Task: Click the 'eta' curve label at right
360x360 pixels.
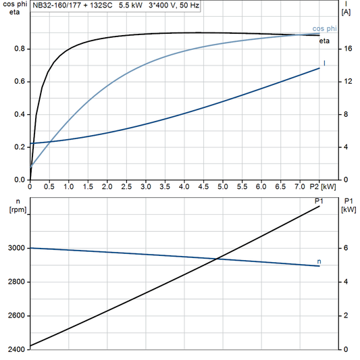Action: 324,42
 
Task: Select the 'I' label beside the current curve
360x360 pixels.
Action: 325,63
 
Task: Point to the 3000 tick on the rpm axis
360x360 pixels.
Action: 15,249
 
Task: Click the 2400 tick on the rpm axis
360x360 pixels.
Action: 15,349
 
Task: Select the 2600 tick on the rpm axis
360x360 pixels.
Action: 15,315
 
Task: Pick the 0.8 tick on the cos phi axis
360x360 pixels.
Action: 19,49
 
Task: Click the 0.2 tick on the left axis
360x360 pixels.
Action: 19,147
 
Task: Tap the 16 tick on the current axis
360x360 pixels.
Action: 346,49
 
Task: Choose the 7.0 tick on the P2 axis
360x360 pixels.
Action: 300,186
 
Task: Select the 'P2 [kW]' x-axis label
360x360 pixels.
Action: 323,186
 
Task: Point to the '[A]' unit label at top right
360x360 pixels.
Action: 346,12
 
